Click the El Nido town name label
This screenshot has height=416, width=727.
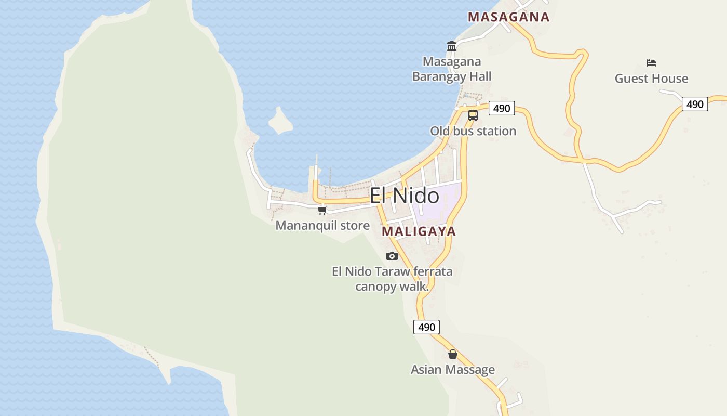point(404,196)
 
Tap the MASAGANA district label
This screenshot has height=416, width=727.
point(508,17)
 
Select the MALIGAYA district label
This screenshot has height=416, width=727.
point(419,231)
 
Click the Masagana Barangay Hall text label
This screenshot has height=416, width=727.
point(452,69)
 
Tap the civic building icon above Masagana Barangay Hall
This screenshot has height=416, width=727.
point(452,47)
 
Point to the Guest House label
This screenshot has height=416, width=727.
point(651,79)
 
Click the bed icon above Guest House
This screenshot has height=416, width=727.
point(651,63)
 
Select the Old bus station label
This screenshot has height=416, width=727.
point(473,131)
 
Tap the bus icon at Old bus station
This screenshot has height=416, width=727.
point(473,115)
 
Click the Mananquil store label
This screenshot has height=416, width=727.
point(322,226)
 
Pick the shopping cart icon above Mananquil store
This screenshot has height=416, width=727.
point(322,210)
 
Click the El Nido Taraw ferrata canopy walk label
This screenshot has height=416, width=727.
point(392,279)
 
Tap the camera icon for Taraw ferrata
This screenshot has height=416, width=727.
point(392,256)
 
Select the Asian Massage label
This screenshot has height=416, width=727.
point(453,370)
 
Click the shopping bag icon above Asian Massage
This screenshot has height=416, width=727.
point(453,354)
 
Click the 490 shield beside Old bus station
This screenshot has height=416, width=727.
point(502,108)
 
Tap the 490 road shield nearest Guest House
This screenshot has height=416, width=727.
point(694,104)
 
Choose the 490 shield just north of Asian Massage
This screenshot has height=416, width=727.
point(426,327)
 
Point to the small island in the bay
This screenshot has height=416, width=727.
point(280,121)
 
